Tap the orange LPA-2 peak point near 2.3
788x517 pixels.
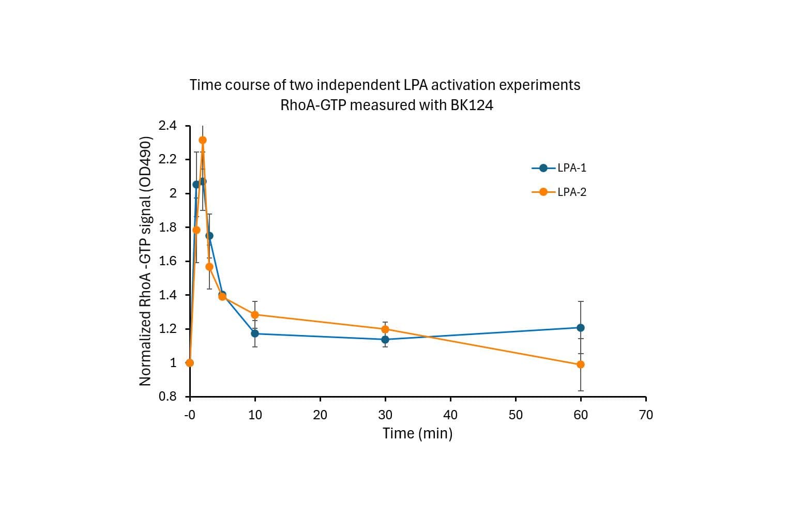click(203, 140)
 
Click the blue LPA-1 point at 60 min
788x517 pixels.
click(581, 328)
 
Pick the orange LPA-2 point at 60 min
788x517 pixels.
click(581, 364)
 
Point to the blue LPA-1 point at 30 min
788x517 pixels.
click(385, 340)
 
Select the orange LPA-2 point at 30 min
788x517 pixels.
click(385, 329)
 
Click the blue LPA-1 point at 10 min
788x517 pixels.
click(255, 333)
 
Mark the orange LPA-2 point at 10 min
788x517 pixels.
click(255, 315)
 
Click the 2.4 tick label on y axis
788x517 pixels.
click(168, 126)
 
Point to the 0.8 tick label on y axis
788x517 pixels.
click(168, 397)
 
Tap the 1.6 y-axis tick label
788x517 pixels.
click(168, 261)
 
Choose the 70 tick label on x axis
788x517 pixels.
click(646, 415)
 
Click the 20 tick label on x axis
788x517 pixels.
click(320, 415)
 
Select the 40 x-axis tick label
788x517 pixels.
click(450, 415)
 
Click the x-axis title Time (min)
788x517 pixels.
click(417, 433)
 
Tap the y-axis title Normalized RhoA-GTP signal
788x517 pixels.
click(146, 261)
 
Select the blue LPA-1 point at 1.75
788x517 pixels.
click(209, 236)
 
